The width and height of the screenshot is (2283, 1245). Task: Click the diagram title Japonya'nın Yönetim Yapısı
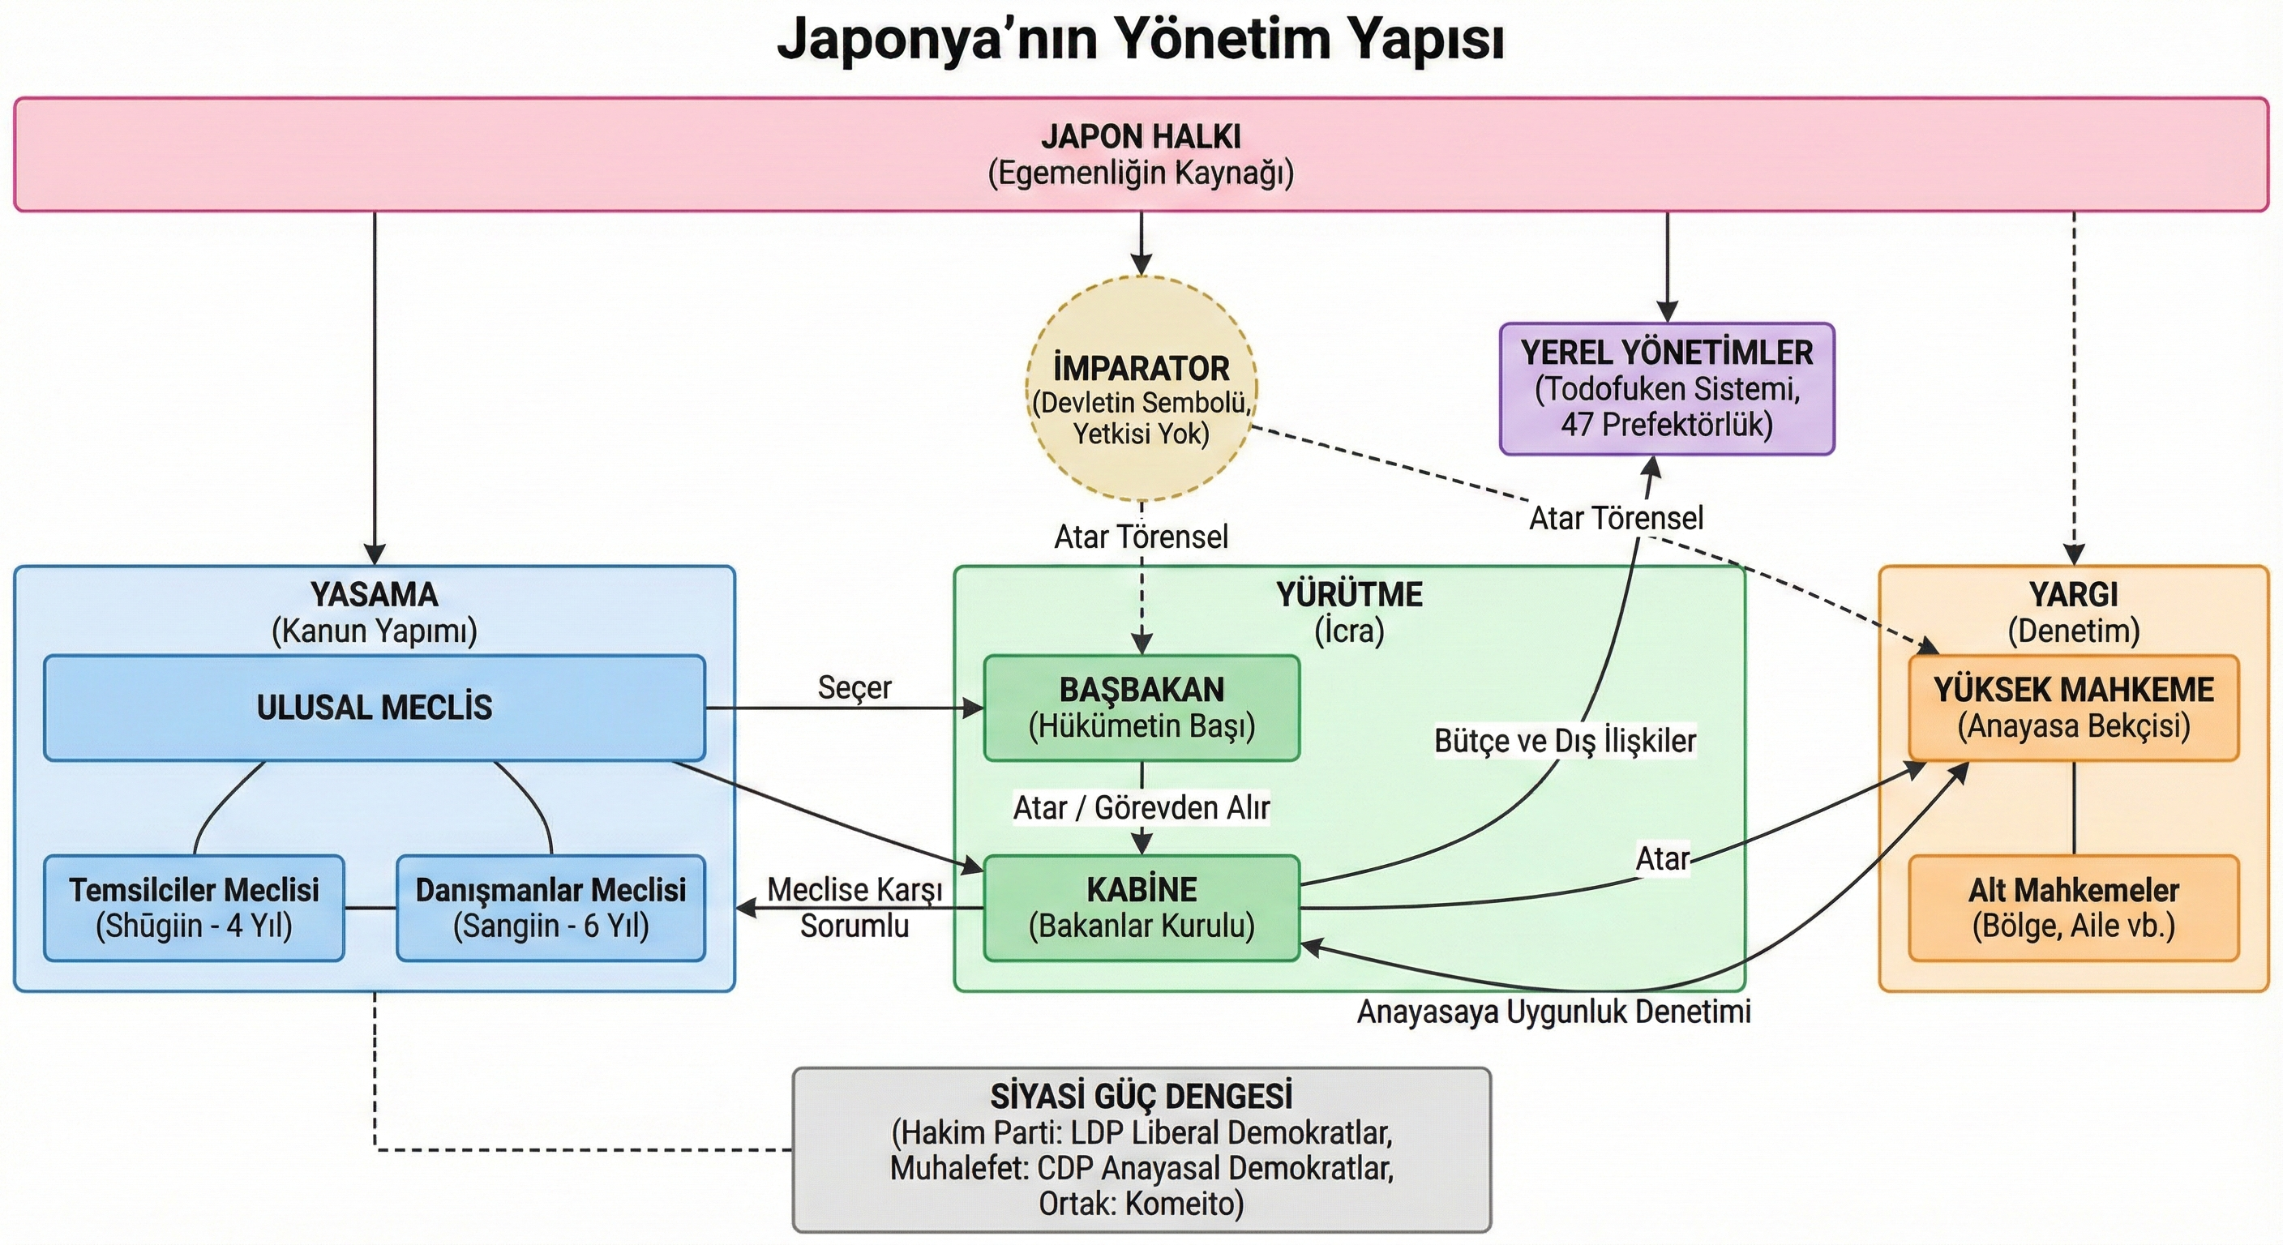[x=1141, y=40]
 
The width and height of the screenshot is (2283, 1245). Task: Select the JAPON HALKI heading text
[x=1141, y=136]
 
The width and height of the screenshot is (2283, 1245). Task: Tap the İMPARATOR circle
[x=1141, y=390]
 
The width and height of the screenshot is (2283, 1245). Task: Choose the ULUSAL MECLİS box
[x=374, y=707]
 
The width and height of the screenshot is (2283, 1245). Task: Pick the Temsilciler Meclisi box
[x=194, y=907]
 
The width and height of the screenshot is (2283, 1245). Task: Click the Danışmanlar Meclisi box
[x=550, y=907]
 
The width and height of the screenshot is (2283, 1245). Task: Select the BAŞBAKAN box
[x=1141, y=707]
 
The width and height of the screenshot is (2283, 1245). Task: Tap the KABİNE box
[x=1141, y=907]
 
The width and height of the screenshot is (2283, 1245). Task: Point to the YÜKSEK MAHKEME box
[x=2074, y=707]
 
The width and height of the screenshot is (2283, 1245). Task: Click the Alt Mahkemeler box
[x=2074, y=907]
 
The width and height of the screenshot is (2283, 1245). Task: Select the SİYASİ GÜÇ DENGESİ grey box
[x=1141, y=1149]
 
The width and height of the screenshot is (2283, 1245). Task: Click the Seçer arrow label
[x=855, y=687]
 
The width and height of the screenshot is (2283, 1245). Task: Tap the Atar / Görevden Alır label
[x=1141, y=808]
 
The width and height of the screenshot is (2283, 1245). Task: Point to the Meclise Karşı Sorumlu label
[x=855, y=907]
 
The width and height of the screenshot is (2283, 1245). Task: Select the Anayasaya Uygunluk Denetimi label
[x=1553, y=1012]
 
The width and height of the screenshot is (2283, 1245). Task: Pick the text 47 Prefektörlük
[x=1666, y=425]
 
